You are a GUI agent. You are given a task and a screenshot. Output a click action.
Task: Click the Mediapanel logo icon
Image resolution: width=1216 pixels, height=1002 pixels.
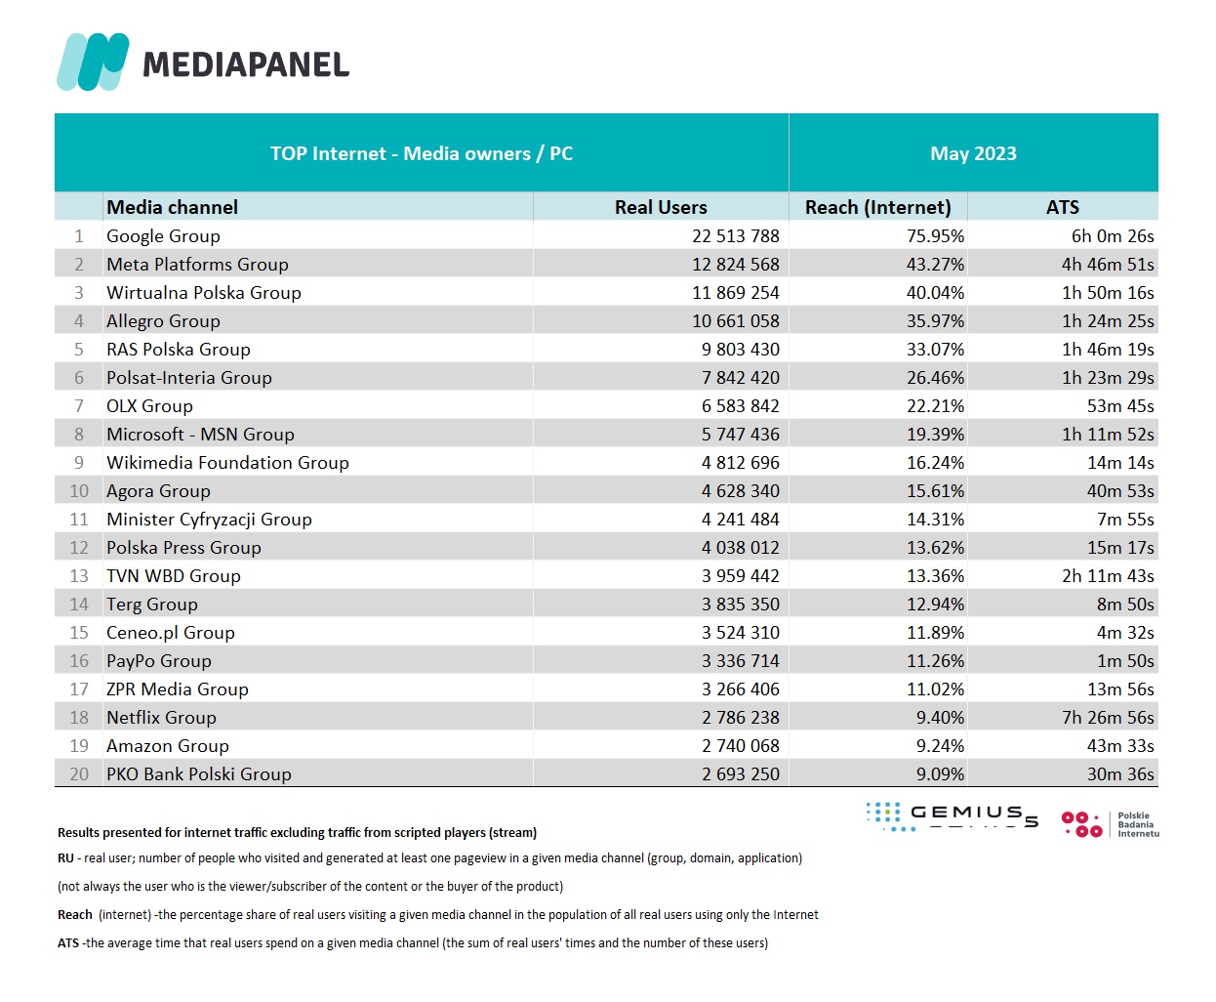93,63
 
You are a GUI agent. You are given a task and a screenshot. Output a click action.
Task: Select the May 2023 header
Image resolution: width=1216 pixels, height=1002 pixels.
973,153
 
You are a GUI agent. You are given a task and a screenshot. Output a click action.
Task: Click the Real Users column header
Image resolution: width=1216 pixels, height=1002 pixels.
661,207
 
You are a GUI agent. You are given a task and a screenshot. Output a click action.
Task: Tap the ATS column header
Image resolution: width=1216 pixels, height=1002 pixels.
1062,207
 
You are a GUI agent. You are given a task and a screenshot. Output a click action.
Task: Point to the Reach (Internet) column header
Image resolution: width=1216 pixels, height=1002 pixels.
877,207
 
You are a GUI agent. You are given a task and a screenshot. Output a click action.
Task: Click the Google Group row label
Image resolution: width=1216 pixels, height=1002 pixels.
163,236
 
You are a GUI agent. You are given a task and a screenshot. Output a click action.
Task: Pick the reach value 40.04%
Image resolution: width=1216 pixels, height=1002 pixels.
935,293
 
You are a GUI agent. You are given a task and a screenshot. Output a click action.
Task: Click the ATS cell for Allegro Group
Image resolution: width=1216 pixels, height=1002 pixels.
1108,321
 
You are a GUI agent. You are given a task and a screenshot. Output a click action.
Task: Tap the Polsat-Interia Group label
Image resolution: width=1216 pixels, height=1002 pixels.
189,378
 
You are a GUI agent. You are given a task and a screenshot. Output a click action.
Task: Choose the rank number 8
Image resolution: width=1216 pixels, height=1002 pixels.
79,435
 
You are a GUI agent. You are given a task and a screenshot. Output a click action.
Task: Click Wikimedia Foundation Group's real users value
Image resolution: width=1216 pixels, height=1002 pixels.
740,463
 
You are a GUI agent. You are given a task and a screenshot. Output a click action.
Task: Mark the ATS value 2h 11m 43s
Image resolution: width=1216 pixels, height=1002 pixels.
1108,576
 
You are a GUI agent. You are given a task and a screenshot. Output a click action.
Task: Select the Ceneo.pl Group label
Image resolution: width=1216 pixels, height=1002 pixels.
171,633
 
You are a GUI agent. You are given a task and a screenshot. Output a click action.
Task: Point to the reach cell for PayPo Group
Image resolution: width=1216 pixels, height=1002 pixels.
935,661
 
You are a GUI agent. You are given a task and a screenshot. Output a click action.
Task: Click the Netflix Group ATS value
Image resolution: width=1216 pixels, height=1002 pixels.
1108,718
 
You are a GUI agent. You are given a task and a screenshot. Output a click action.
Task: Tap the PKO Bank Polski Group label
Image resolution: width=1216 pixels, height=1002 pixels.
199,774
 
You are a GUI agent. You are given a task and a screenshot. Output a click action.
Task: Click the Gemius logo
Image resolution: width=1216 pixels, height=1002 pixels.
952,816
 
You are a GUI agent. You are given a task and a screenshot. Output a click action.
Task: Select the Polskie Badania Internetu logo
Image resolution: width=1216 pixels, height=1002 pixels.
1111,824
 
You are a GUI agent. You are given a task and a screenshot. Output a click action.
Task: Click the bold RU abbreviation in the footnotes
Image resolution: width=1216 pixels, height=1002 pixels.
65,858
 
